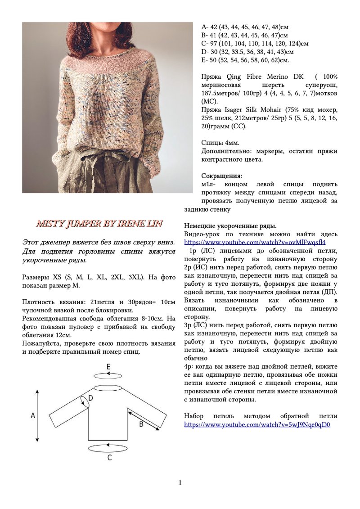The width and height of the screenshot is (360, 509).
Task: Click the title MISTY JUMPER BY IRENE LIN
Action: coord(99,224)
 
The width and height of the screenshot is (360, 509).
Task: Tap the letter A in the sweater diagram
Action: coord(33,416)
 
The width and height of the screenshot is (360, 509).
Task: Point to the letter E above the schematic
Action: coord(108,367)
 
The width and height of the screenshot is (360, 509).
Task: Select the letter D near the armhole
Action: coord(90,398)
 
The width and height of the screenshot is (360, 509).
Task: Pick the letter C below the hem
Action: coord(109,458)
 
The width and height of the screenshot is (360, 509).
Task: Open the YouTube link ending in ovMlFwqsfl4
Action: coord(255,243)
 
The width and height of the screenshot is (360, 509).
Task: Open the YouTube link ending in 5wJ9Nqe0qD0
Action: coord(257,424)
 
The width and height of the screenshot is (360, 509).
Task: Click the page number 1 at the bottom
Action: coord(180,483)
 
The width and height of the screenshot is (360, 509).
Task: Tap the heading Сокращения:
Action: coord(221,176)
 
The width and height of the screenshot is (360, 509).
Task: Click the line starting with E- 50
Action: coord(245,60)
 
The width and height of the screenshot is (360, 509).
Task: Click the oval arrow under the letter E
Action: coord(108,375)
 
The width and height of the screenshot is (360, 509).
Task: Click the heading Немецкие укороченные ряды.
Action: coord(230,226)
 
